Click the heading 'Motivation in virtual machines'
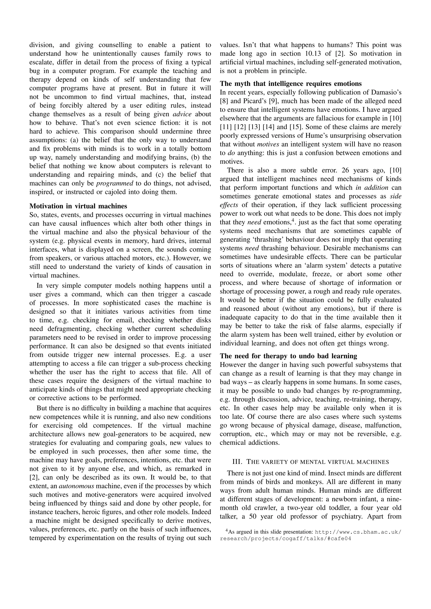pyautogui.click(x=78, y=206)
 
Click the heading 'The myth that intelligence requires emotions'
pyautogui.click(x=291, y=84)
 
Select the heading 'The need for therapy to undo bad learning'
pyautogui.click(x=288, y=356)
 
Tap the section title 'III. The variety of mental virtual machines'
pyautogui.click(x=310, y=462)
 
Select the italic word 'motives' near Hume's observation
pyautogui.click(x=268, y=144)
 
